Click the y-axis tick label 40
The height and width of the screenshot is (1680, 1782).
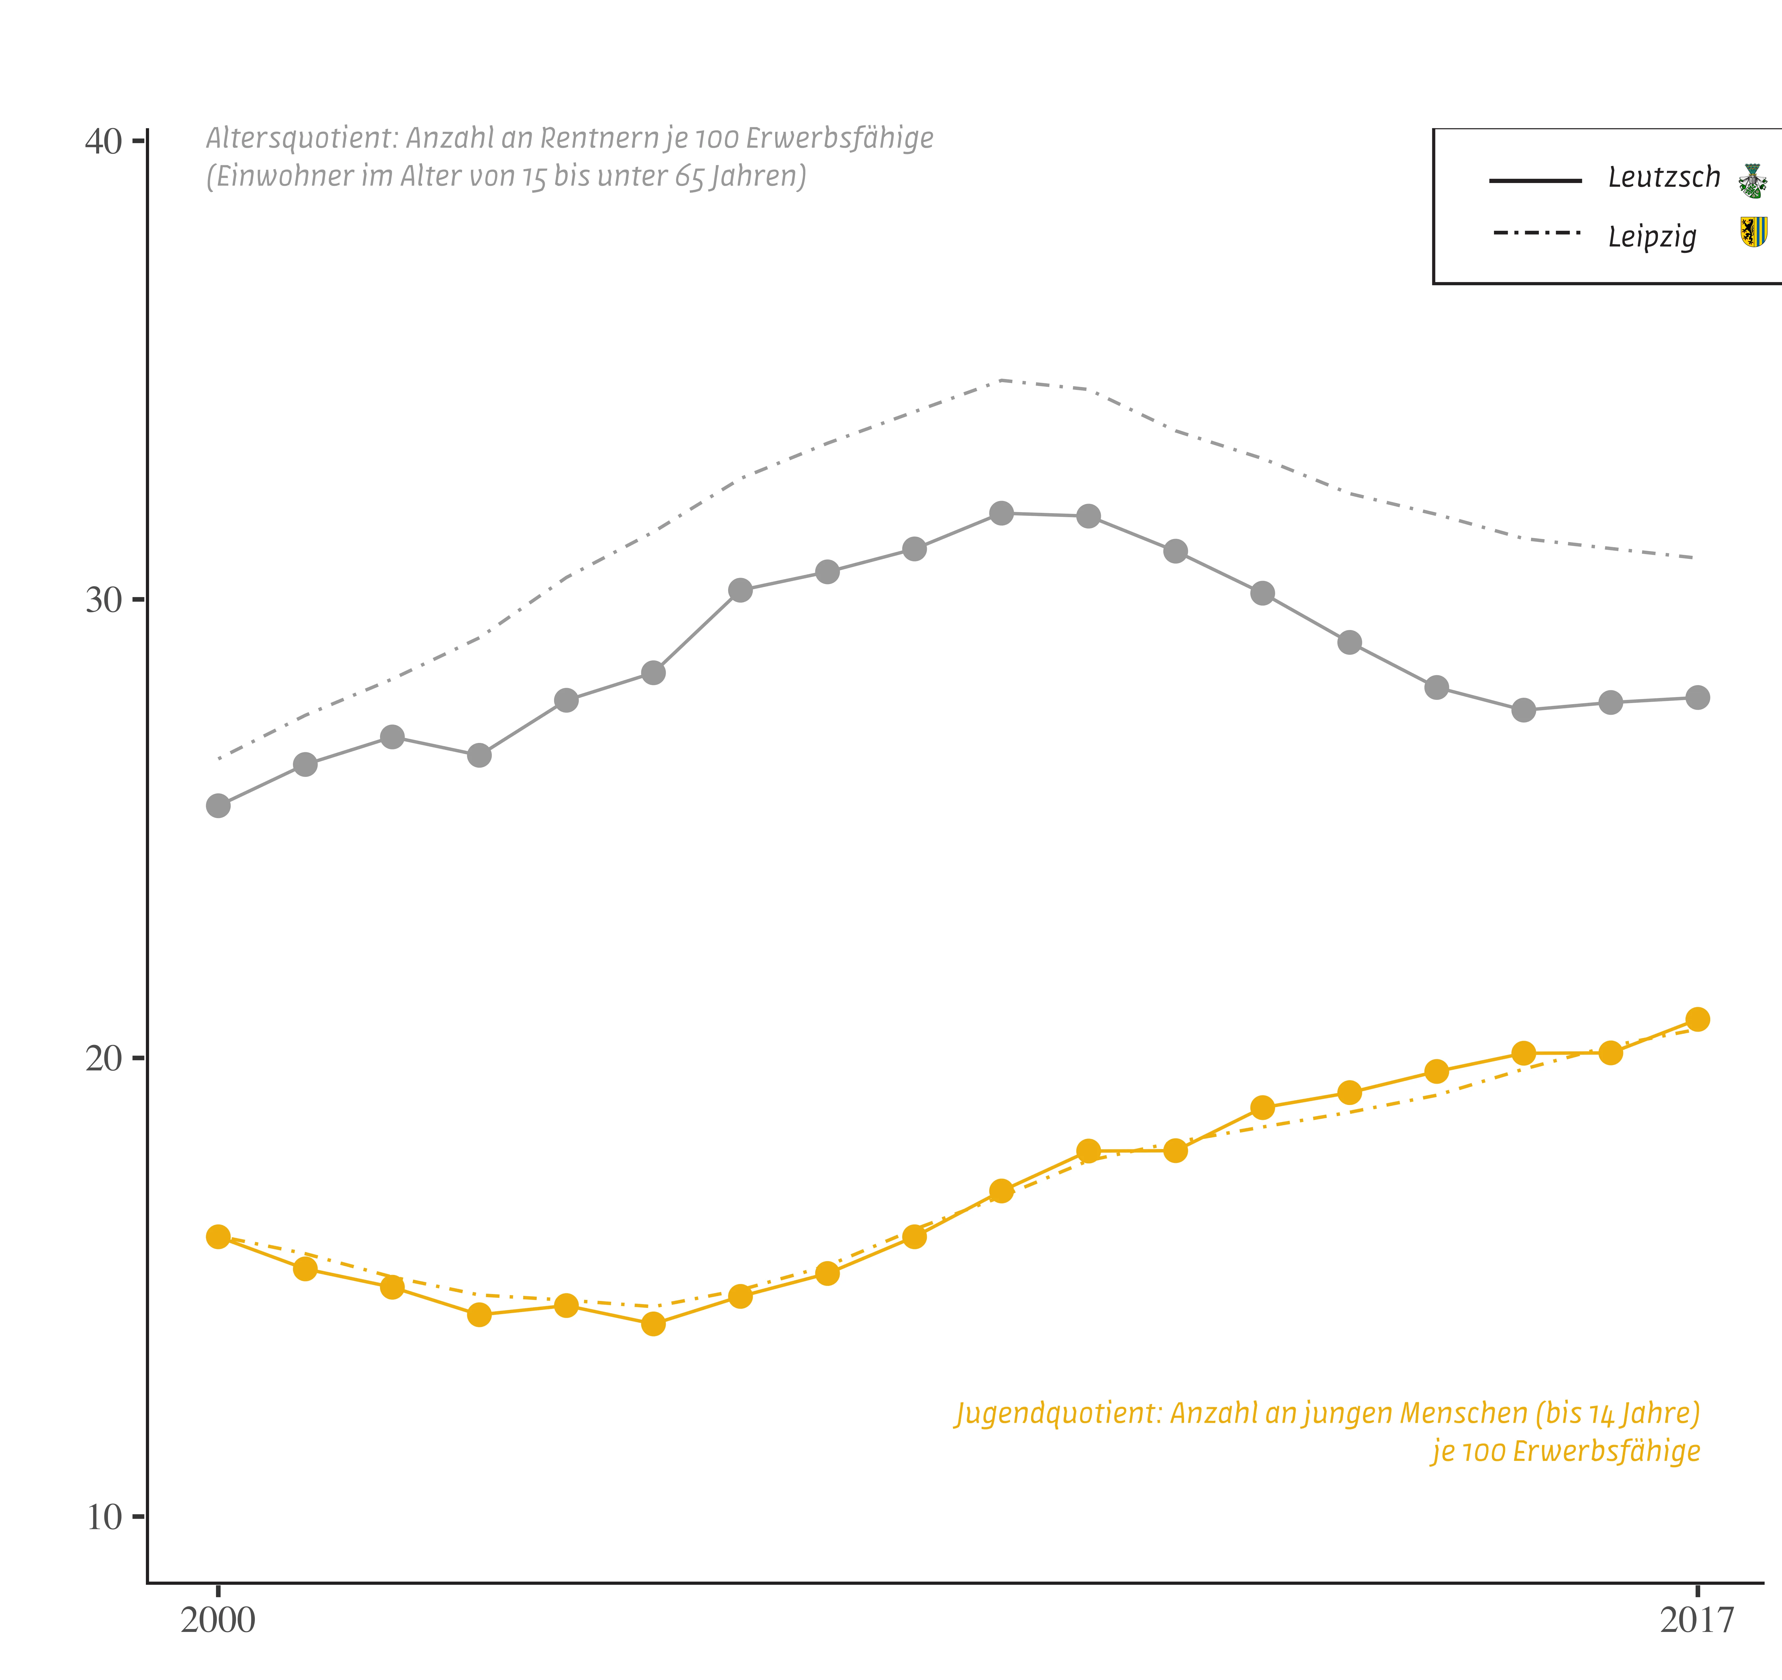[x=103, y=142]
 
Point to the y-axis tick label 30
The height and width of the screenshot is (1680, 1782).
[x=103, y=600]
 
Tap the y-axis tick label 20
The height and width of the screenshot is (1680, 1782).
[x=103, y=1059]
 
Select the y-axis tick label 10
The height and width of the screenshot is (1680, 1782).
[x=103, y=1518]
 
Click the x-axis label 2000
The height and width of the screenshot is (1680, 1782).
[x=218, y=1620]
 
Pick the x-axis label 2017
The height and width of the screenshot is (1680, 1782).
[x=1697, y=1620]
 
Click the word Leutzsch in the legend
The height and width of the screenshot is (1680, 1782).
[x=1664, y=177]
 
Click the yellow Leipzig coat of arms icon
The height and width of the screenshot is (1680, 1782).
[x=1753, y=232]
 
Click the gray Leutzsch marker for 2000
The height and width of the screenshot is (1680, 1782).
[x=218, y=806]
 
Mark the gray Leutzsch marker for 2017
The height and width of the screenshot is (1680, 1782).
[x=1697, y=697]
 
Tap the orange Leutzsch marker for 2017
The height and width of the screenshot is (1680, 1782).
[x=1697, y=1019]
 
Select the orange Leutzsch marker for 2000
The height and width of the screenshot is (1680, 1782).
[x=218, y=1236]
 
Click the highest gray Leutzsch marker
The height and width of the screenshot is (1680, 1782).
[x=1001, y=513]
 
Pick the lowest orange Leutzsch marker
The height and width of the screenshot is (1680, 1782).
[x=653, y=1323]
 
